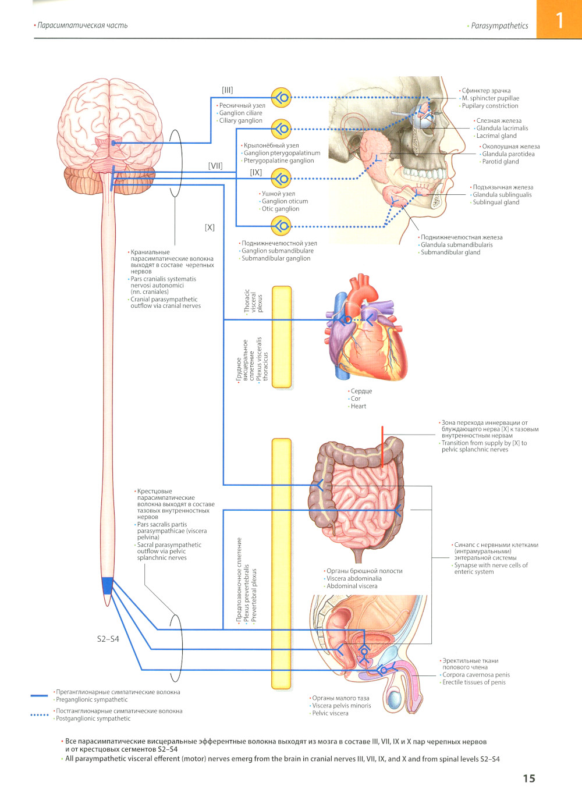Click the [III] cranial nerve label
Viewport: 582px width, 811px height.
click(227, 90)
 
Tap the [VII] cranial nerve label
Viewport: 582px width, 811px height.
click(215, 166)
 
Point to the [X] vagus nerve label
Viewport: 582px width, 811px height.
click(210, 227)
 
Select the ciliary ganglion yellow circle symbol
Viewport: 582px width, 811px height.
click(282, 98)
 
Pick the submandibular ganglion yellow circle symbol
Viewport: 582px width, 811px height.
click(282, 226)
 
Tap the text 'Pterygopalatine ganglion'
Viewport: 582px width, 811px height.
click(279, 161)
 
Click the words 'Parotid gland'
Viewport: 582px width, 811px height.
click(501, 162)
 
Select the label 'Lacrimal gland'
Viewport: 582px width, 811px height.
click(496, 136)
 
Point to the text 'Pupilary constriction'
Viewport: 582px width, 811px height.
click(490, 106)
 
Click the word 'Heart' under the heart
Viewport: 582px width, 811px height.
click(359, 406)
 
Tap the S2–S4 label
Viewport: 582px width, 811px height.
click(108, 639)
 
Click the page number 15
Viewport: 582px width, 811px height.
click(528, 778)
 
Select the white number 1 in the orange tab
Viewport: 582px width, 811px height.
click(559, 21)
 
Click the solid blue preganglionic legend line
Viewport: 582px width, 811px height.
click(39, 695)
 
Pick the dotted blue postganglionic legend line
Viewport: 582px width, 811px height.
click(39, 714)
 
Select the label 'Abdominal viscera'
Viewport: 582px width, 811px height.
click(352, 586)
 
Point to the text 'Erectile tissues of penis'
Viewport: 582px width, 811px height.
click(474, 682)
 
